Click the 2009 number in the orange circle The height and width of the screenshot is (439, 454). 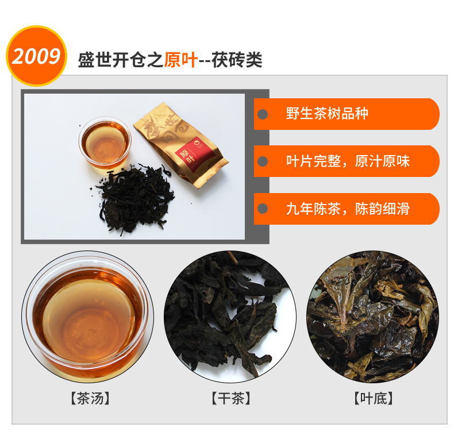coord(36,56)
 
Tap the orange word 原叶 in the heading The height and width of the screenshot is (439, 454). coord(181,60)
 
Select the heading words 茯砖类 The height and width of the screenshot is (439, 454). coord(237,60)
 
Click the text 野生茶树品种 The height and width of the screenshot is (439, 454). coord(327,114)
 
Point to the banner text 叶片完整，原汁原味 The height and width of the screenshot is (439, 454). coord(348,161)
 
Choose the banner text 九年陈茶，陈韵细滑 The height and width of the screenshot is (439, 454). coord(348,209)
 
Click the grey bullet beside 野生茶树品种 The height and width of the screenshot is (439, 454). coord(263,114)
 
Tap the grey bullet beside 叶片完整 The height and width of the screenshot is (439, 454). coord(263,161)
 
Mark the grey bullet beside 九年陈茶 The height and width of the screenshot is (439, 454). coord(263,209)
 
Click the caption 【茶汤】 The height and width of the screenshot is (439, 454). coord(90,398)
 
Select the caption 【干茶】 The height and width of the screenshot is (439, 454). coord(231,398)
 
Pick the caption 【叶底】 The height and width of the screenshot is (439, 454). coord(374,398)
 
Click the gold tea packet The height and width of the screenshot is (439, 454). coord(181,145)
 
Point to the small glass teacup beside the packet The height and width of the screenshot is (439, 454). coord(105,142)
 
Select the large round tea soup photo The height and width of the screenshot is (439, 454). coord(88,317)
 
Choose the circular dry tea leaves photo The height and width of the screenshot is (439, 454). coord(230,317)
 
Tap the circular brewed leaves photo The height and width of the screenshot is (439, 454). coord(373,317)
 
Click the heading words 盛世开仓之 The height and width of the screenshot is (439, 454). coord(121,60)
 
